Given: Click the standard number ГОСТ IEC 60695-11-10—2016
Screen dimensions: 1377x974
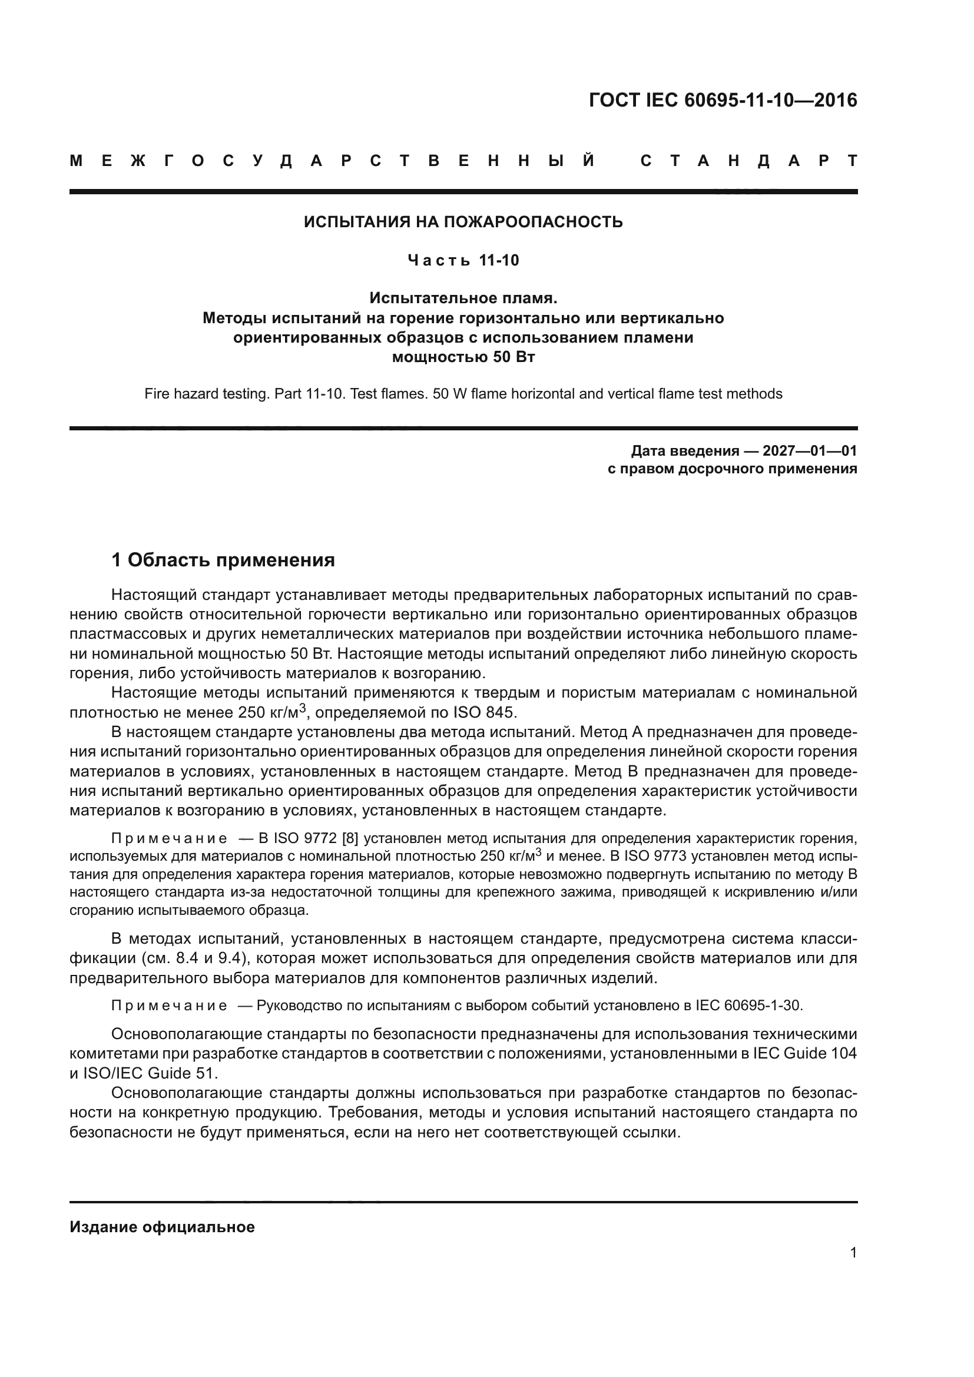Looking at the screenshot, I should point(723,100).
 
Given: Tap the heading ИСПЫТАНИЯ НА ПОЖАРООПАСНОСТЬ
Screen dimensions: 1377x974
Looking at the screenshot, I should point(463,222).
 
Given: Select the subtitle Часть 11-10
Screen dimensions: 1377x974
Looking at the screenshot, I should point(463,260).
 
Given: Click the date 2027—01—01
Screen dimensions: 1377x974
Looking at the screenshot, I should point(810,451).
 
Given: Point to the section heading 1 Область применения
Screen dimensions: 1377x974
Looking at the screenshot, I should point(223,560).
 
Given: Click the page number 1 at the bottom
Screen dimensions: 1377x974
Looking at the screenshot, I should point(853,1252).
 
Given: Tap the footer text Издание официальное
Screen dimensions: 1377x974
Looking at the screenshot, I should point(162,1226).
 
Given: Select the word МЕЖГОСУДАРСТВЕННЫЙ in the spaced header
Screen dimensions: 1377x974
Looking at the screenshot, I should point(333,161).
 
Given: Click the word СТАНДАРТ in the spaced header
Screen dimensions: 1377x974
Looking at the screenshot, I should point(749,161).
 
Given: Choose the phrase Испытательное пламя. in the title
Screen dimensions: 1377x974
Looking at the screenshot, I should point(463,298).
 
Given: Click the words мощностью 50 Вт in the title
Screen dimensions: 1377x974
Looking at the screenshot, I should point(463,357).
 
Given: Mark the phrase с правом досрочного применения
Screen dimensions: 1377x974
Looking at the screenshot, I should point(733,469).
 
